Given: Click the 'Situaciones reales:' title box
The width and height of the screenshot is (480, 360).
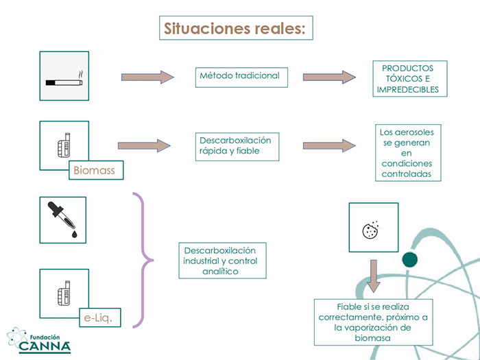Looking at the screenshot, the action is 236,28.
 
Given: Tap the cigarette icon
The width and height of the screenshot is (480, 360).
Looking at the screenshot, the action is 64,80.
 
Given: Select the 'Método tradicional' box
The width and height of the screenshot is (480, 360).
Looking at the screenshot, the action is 241,77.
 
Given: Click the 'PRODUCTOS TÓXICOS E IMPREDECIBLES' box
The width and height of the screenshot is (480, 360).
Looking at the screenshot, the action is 410,79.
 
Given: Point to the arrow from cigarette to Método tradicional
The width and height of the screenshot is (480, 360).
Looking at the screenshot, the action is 147,77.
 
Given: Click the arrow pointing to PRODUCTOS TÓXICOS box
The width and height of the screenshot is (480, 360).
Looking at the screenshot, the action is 329,77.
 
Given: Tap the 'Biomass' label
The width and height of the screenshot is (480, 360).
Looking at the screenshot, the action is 96,170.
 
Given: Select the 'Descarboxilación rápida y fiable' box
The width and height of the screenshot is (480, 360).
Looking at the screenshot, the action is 237,147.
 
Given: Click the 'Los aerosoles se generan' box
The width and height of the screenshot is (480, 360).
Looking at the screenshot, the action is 408,153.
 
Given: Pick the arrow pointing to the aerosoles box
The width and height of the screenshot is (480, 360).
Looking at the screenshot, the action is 329,145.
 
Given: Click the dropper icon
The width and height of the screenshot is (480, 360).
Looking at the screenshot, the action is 62,219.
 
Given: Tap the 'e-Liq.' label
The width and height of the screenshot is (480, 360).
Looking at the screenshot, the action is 100,317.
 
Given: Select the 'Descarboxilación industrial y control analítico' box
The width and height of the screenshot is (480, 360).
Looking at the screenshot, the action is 223,261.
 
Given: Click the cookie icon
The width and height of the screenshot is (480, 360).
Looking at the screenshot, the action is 370,230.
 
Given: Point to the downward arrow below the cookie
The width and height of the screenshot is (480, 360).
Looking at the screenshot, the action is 374,276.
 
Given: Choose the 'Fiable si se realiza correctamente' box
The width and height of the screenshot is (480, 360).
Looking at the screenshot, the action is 374,322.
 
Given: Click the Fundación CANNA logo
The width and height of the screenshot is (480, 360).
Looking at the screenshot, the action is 39,340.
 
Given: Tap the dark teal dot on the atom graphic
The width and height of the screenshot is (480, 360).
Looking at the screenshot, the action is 410,260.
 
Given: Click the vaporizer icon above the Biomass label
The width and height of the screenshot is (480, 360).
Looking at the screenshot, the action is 64,145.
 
